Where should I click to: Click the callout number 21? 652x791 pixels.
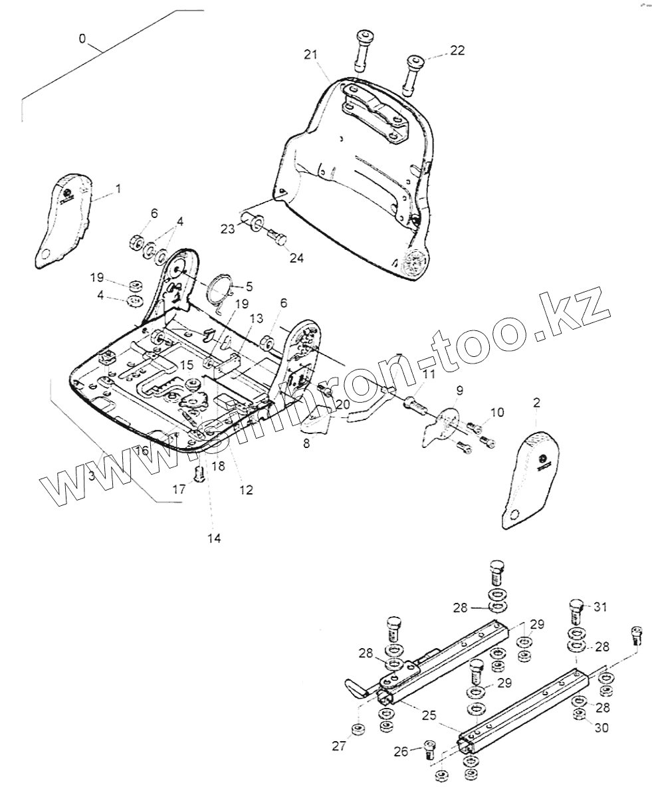[312, 55]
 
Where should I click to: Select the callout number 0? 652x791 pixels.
[82, 39]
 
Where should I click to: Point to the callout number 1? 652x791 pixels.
[118, 189]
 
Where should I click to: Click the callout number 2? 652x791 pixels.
[536, 402]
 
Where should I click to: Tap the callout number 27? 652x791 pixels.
[339, 746]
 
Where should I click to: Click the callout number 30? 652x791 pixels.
[601, 728]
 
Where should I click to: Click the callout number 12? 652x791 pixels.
[246, 490]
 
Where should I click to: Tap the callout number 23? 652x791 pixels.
[228, 229]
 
